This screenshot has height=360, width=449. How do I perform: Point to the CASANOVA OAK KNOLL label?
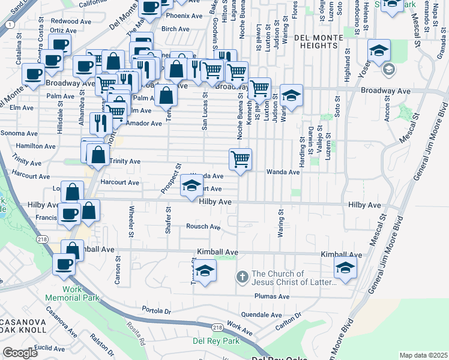pyautogui.click(x=23, y=325)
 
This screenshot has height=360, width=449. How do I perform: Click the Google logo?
pyautogui.click(x=20, y=353)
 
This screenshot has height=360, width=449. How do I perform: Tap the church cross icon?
pyautogui.click(x=241, y=277)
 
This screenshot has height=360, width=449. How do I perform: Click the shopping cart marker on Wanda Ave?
pyautogui.click(x=240, y=160)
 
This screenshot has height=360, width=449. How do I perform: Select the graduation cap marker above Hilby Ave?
pyautogui.click(x=191, y=185)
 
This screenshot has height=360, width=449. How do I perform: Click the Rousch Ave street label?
pyautogui.click(x=203, y=227)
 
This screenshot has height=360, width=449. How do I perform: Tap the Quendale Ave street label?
pyautogui.click(x=261, y=314)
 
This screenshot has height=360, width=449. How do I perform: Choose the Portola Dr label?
pyautogui.click(x=157, y=311)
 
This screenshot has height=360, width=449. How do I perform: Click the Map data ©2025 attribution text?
pyautogui.click(x=423, y=355)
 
